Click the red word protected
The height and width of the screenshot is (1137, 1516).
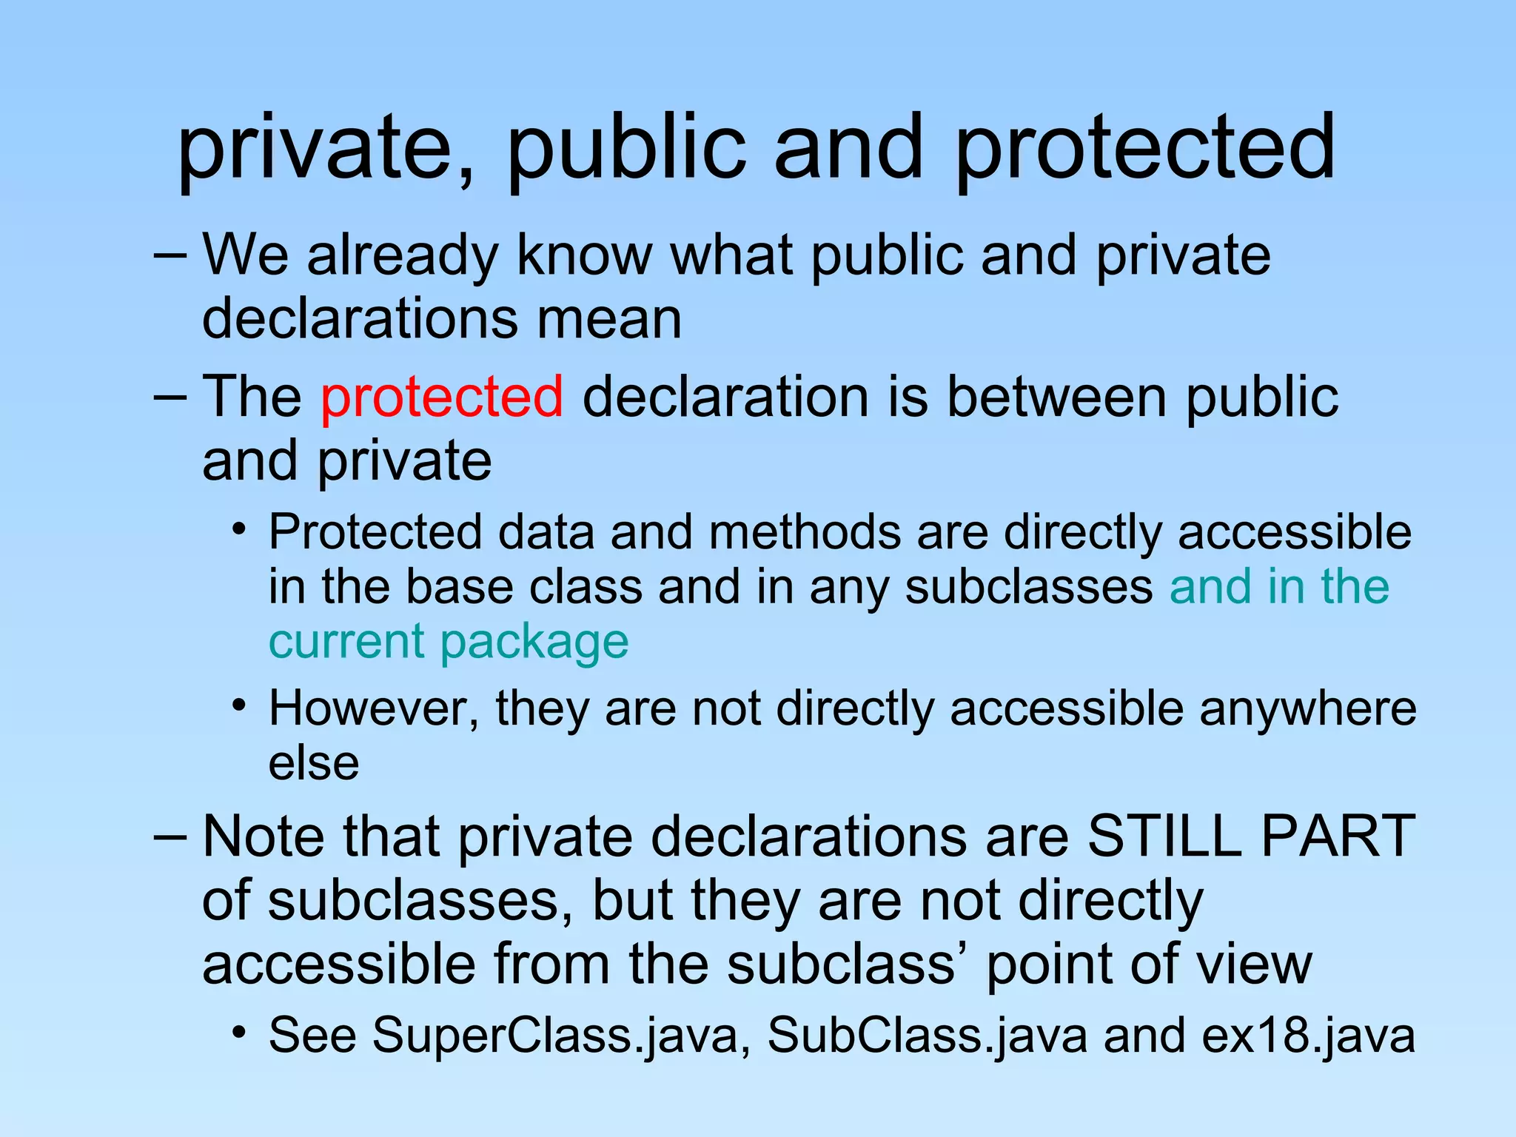[442, 398]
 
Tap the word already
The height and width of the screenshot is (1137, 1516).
[403, 255]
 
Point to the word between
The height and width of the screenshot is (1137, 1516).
[1056, 398]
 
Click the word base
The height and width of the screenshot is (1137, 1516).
[459, 586]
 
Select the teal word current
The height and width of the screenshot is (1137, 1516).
[346, 641]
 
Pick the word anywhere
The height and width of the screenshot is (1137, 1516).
[1307, 708]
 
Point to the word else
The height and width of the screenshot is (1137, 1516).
[314, 762]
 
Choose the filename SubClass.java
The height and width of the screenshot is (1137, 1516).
[928, 1035]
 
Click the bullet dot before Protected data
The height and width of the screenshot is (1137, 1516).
[238, 530]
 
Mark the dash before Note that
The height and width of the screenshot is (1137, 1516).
[170, 836]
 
